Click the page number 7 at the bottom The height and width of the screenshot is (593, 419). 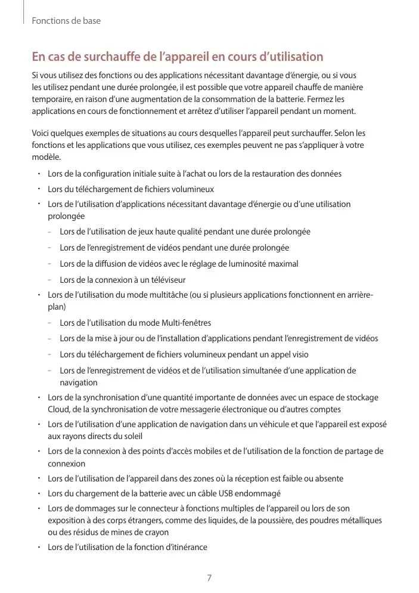[x=209, y=578]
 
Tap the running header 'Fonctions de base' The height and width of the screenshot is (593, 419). [x=66, y=21]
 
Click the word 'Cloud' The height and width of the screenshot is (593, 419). [x=59, y=409]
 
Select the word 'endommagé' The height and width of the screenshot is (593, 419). [x=259, y=493]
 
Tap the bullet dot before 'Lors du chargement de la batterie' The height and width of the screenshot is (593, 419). [x=38, y=492]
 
